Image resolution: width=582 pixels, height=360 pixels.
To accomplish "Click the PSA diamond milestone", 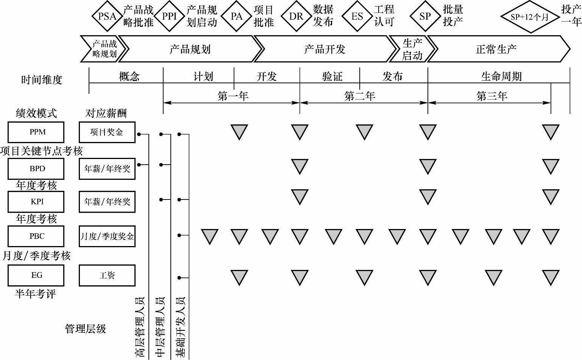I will coord(107,16).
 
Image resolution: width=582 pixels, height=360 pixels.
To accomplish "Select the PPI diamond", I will coord(169,16).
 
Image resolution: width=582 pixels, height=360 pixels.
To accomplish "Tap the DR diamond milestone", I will coord(296,16).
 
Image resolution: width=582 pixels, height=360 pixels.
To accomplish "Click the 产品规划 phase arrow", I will coord(190,49).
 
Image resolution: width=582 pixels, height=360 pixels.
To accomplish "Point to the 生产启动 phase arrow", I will coord(412,49).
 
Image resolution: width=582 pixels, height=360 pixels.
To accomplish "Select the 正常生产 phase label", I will coord(496,49).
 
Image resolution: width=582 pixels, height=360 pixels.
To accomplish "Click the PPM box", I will coord(36,132).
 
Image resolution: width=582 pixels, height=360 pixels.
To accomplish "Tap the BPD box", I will coord(36,169).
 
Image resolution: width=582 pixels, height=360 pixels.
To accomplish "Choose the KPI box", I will coord(36,202).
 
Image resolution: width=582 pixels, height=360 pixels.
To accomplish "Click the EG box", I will coord(36,275).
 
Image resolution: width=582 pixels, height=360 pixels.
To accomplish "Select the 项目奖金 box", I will coord(107,132).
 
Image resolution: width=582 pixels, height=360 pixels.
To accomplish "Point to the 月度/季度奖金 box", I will coord(107,236).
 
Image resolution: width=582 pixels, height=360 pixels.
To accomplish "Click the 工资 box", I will coord(107,275).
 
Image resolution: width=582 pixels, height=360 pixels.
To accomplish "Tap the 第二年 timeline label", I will coord(360,96).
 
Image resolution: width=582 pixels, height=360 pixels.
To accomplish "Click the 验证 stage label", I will coord(332,76).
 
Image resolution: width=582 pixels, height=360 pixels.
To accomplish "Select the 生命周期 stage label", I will coord(501,76).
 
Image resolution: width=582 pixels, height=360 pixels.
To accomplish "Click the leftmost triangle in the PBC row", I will coord(209,236).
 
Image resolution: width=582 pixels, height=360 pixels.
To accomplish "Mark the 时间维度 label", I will coord(42,80).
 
